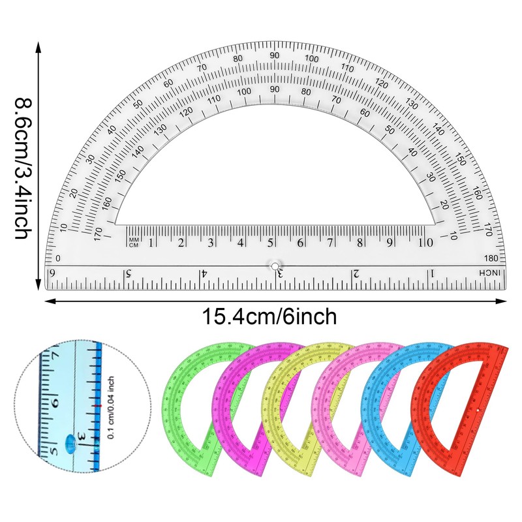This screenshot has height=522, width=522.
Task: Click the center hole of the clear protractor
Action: coord(275,266)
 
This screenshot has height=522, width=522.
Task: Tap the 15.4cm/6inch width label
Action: coord(269,317)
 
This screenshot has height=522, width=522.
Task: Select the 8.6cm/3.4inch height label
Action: coord(23,168)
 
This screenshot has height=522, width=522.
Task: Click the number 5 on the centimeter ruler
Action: coord(270,243)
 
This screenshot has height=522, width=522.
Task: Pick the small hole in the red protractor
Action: coord(480,410)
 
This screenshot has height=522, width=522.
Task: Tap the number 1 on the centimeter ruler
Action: coord(151,243)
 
